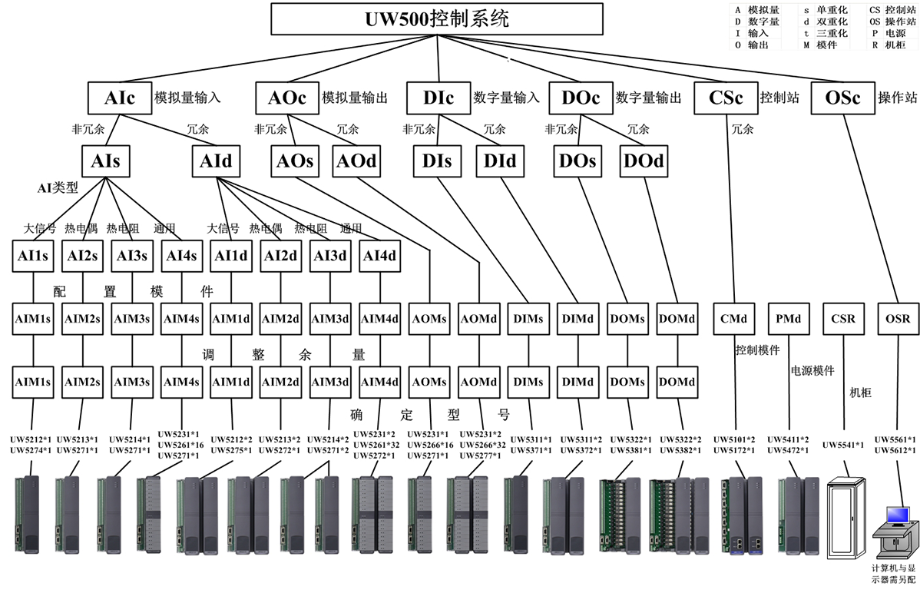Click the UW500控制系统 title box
[x=437, y=18]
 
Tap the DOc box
[x=581, y=98]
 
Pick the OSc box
[x=842, y=98]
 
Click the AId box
[x=215, y=161]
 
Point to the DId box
[x=500, y=161]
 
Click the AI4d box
[x=379, y=256]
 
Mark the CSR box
[x=843, y=318]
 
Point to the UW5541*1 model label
[x=843, y=445]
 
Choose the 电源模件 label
[x=812, y=370]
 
